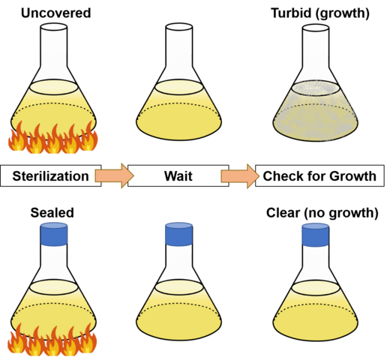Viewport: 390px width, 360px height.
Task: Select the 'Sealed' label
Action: point(52,212)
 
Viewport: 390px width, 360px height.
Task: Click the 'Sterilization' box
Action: point(52,176)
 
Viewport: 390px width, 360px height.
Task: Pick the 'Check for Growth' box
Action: point(319,176)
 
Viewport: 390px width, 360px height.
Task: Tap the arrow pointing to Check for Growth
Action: point(238,176)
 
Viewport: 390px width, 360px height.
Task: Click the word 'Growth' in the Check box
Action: point(354,176)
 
